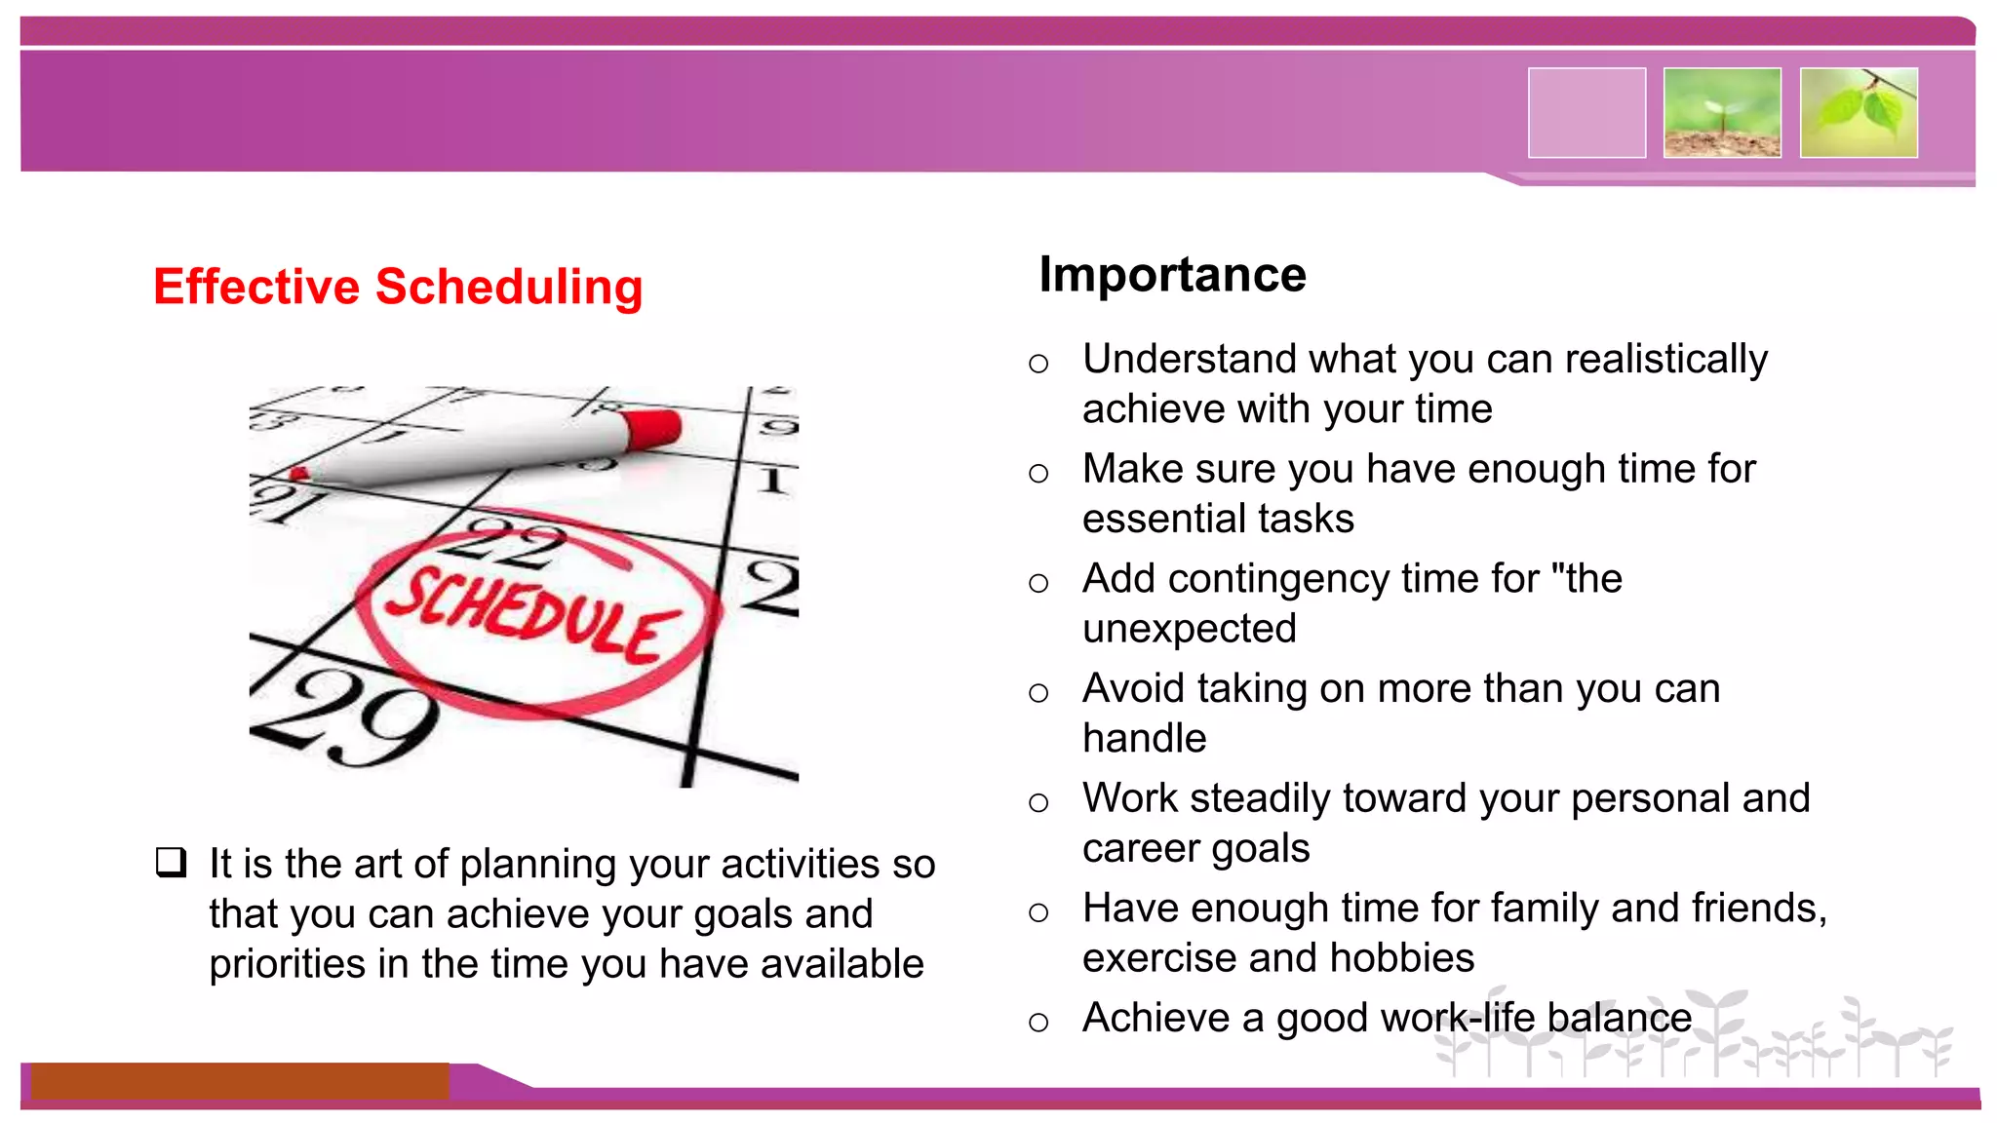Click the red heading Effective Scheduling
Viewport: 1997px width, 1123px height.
point(398,287)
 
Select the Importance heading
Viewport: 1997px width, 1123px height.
point(1172,274)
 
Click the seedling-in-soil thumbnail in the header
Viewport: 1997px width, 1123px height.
point(1722,113)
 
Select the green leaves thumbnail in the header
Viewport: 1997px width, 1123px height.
point(1859,113)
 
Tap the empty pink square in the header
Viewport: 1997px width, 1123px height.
point(1586,113)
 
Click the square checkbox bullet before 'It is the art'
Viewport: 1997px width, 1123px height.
point(172,863)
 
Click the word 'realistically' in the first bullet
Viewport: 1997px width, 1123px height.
point(1665,359)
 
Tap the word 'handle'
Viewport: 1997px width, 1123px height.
point(1144,738)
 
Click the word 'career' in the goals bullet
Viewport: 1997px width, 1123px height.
point(1136,848)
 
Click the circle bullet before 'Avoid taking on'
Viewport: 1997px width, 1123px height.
point(1038,693)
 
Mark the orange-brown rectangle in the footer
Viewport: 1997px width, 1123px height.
point(239,1081)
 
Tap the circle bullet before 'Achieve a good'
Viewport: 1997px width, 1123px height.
point(1038,1023)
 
